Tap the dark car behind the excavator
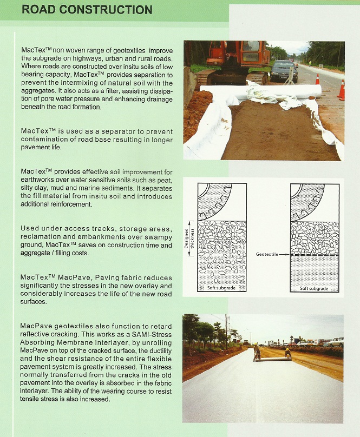283,70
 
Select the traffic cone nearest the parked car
317,80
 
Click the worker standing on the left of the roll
257,353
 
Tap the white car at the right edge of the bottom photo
336,342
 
